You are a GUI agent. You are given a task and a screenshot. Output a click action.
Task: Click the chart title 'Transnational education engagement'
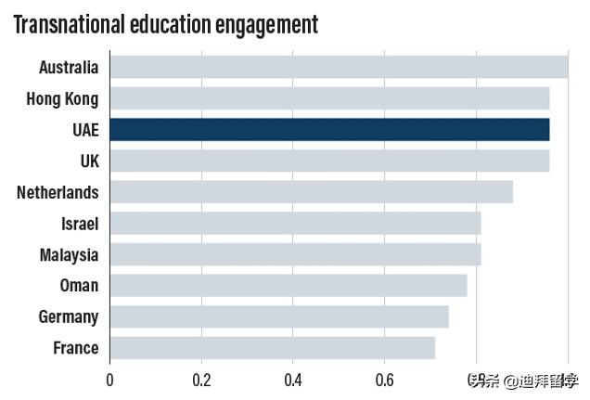(165, 24)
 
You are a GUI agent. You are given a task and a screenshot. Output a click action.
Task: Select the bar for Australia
(339, 67)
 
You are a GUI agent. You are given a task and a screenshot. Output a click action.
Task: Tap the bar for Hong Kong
(329, 98)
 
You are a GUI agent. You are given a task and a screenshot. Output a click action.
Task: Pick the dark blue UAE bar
(329, 129)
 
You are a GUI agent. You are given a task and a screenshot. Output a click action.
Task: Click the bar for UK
(329, 161)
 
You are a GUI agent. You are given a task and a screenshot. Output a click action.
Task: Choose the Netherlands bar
(311, 192)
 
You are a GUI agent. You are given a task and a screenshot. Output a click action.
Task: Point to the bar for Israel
(295, 223)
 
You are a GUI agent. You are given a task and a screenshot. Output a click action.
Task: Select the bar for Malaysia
(295, 254)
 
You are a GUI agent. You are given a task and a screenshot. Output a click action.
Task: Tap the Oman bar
(289, 285)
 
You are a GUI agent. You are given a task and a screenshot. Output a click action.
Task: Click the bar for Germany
(279, 316)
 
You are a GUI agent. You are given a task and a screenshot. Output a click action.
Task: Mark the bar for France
(272, 348)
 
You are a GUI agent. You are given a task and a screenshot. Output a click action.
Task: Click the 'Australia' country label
(69, 67)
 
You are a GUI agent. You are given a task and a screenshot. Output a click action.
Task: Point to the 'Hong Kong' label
(62, 98)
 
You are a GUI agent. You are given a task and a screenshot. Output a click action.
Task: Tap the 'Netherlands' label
(58, 192)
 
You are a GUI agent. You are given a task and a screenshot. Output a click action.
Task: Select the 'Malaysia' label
(69, 254)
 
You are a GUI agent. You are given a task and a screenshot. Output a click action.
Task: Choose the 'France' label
(75, 348)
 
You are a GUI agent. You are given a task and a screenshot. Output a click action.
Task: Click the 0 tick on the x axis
(109, 380)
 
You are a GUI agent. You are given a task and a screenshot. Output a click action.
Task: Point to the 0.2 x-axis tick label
(201, 380)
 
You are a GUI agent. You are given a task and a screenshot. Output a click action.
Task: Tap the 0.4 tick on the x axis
(293, 380)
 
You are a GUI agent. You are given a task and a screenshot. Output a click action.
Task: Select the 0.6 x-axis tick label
(384, 380)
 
